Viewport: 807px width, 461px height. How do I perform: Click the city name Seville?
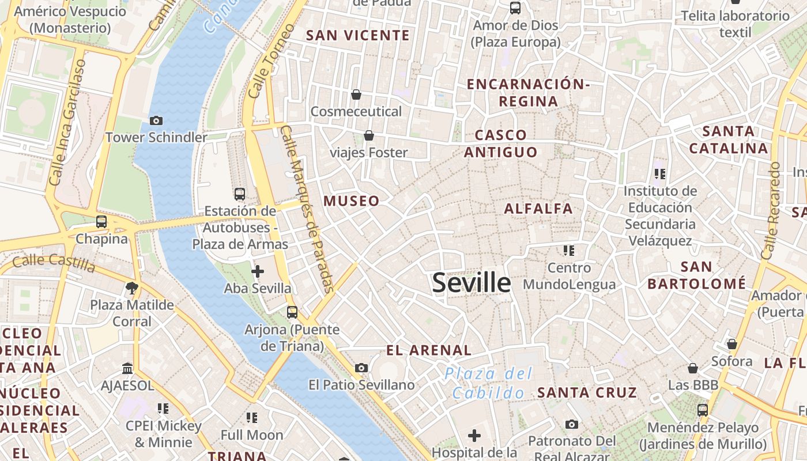[x=471, y=283]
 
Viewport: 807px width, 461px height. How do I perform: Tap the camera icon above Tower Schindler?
[x=156, y=120]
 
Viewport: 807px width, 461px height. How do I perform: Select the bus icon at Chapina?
[x=101, y=221]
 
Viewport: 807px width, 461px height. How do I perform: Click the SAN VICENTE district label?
[x=357, y=35]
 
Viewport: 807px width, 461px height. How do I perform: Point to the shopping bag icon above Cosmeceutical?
[x=356, y=94]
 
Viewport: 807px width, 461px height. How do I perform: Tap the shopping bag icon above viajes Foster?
[x=368, y=135]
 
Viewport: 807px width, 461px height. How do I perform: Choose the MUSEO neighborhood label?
[x=352, y=201]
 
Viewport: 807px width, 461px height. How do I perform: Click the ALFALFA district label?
[x=538, y=209]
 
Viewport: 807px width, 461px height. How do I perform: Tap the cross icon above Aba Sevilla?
[x=258, y=271]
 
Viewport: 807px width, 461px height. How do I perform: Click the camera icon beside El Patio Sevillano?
[x=361, y=368]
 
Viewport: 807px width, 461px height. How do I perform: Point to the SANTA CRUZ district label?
[x=587, y=393]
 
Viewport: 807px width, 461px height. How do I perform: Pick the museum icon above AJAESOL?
[x=127, y=368]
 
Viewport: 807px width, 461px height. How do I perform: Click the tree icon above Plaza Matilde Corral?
[x=132, y=288]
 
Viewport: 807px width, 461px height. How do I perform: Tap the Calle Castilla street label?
[x=54, y=263]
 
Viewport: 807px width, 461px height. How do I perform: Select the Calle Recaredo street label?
[x=770, y=210]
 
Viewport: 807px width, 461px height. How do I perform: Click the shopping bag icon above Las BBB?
[x=693, y=368]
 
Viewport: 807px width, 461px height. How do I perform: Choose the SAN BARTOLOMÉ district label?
[x=696, y=275]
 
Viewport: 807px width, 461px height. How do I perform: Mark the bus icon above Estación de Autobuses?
[x=240, y=194]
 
